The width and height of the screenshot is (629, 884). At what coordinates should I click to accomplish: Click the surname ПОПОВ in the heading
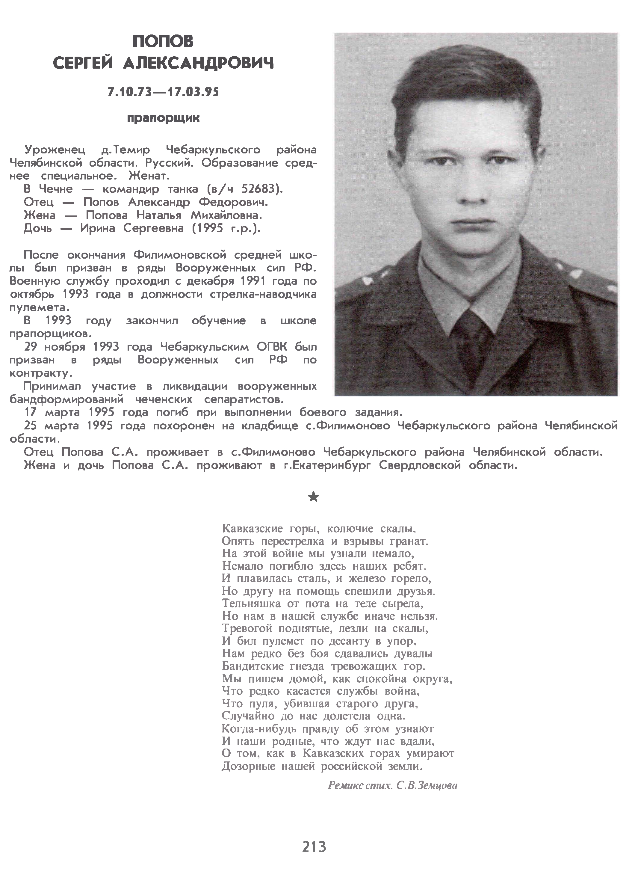click(x=163, y=41)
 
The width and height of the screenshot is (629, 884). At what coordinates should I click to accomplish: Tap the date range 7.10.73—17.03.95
click(x=163, y=92)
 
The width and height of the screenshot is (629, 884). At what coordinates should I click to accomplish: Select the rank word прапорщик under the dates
click(x=163, y=118)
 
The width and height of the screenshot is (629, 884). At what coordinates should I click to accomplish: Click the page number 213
click(x=314, y=847)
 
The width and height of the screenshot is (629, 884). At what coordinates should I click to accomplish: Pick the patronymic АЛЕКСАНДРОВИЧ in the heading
click(x=199, y=63)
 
